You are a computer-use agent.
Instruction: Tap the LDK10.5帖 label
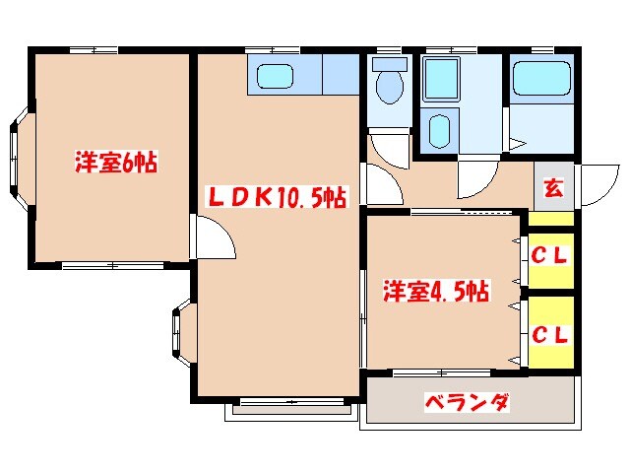coord(276,197)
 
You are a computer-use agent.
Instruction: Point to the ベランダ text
coord(467,402)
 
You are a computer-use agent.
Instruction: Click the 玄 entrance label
coord(553,186)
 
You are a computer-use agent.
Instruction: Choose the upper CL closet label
coord(551,256)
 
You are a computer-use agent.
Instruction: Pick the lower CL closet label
coord(551,333)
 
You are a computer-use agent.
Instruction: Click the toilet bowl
coord(391,85)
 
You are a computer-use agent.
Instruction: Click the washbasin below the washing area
coord(440,129)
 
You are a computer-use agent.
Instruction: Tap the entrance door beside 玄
coord(595,184)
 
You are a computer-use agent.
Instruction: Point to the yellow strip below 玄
coord(553,219)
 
